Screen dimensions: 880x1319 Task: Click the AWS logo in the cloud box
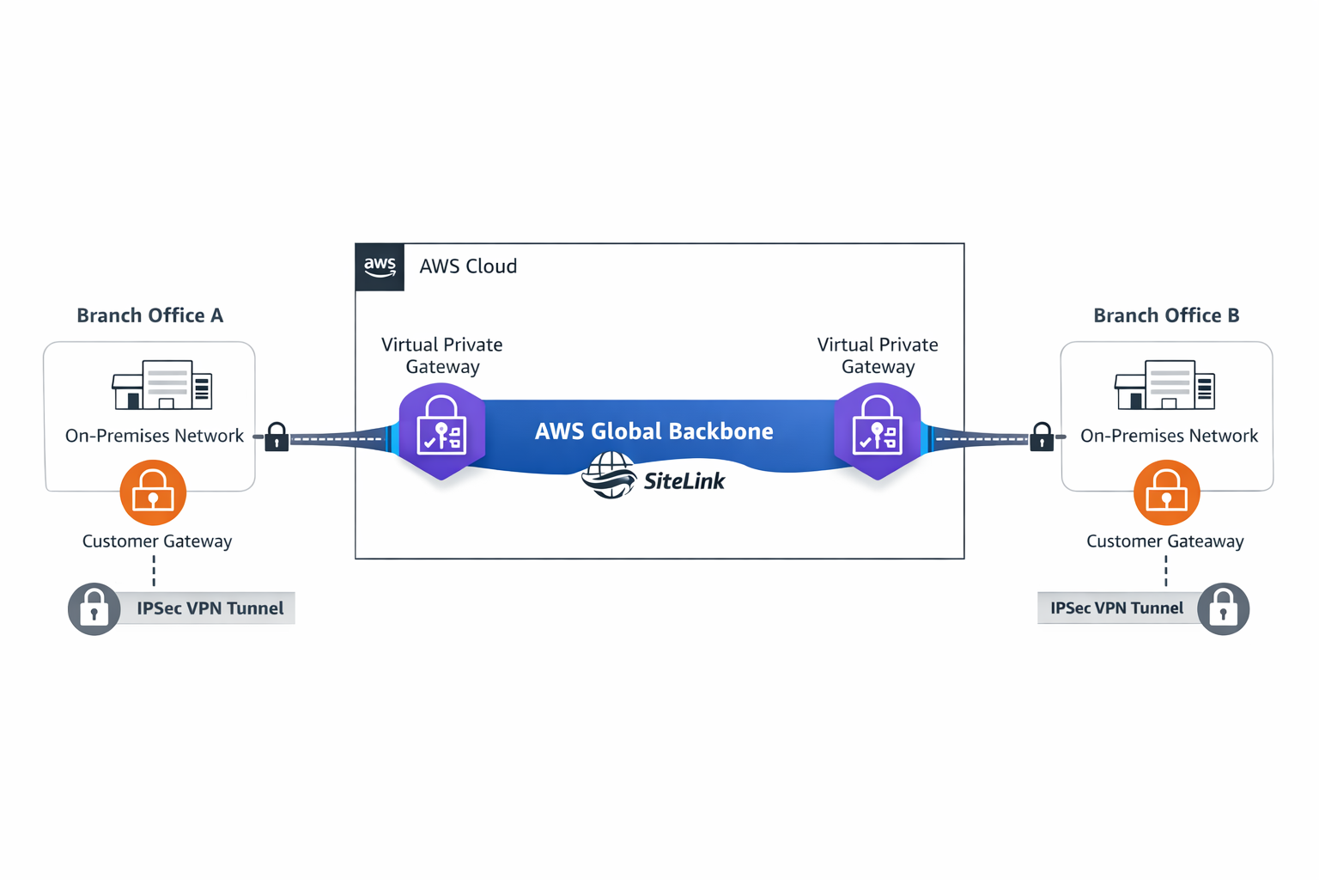tap(380, 266)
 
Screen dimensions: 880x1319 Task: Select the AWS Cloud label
tap(468, 266)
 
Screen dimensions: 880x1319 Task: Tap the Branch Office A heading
tap(150, 315)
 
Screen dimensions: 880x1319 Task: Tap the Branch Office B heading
tap(1166, 315)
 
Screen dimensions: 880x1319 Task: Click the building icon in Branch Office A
tap(162, 385)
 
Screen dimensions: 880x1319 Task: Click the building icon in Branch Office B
tap(1164, 385)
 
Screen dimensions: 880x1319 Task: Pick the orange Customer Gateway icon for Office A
tap(153, 492)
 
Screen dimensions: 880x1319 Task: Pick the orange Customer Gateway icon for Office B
tap(1166, 492)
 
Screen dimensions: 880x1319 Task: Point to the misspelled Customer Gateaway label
tap(1164, 541)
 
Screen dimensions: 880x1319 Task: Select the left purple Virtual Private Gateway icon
tap(442, 431)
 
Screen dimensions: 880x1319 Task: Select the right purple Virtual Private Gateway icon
tap(877, 431)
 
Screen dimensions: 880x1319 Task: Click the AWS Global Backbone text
tap(653, 431)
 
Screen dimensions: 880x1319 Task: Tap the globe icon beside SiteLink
tap(609, 475)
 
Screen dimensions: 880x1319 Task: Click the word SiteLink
tap(684, 481)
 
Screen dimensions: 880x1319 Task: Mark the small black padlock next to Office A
tap(277, 437)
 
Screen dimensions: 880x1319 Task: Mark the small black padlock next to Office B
tap(1042, 437)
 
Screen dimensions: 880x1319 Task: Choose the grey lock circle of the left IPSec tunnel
tap(94, 609)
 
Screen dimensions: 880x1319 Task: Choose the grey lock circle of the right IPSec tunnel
tap(1223, 609)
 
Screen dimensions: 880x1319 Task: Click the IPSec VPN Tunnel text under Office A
tap(210, 608)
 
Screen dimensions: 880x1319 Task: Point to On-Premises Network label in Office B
tap(1169, 436)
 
